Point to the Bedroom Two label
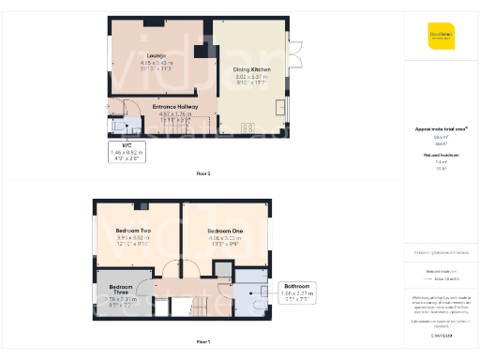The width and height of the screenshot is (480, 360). (134, 230)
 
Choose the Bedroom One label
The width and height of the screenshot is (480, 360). (226, 230)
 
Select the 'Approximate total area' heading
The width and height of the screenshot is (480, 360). (440, 128)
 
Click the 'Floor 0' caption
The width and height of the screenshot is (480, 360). (203, 173)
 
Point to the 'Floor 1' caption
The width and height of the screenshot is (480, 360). (203, 342)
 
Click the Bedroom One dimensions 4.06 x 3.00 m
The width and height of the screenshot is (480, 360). (226, 237)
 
